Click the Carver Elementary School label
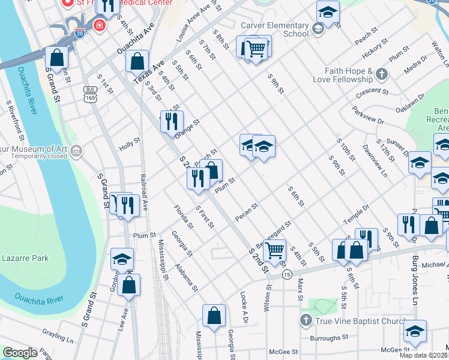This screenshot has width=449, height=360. tap(274, 29)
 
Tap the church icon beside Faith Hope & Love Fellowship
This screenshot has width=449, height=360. tap(381, 74)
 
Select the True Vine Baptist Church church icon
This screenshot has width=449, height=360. tap(306, 321)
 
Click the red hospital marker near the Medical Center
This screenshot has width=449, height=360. tap(98, 26)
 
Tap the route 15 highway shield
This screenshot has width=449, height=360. tap(288, 274)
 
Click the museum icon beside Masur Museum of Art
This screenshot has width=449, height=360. tap(76, 151)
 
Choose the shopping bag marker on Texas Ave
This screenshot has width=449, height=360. tap(137, 61)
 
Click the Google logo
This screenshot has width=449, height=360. tap(20, 353)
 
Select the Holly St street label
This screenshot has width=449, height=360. tap(129, 144)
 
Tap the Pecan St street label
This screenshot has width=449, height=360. tap(247, 212)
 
